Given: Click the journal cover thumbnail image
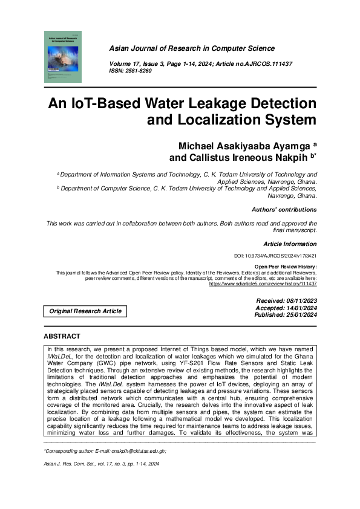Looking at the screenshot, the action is tap(63, 57).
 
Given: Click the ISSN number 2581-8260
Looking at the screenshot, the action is tap(139, 71).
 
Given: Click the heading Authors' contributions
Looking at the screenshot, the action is tap(284, 210).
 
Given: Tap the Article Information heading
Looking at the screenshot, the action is tap(290, 244).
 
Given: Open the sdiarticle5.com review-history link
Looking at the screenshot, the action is tap(263, 284).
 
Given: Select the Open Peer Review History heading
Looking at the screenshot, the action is tap(285, 267).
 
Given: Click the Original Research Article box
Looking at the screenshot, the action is tap(85, 311).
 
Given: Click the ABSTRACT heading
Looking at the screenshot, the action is tap(62, 336).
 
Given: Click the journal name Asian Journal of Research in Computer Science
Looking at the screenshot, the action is tap(192, 48).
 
